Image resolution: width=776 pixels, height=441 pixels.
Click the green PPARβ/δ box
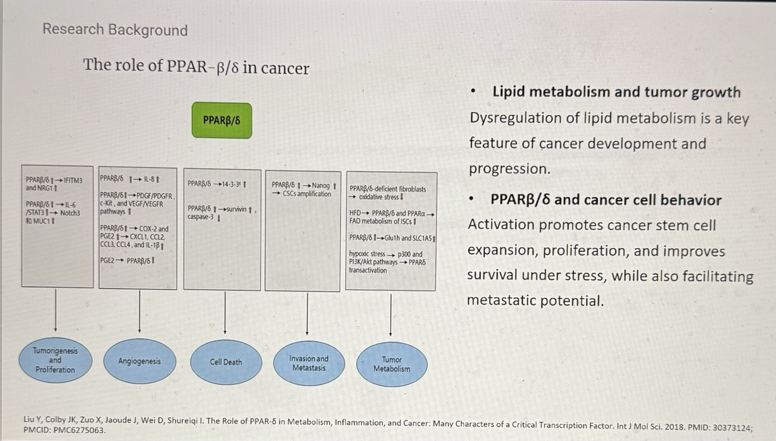coord(222,120)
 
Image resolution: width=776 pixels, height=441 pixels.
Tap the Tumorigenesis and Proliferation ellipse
coord(55,360)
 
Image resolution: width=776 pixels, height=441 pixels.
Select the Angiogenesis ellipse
coord(139,361)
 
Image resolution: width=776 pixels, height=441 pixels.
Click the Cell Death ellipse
coord(226,362)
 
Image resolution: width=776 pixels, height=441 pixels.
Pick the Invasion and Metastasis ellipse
coord(309,363)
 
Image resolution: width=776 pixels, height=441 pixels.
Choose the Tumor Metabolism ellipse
coord(392,364)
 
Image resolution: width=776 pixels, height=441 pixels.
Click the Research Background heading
coord(115,30)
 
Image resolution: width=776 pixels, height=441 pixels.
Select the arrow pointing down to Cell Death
coord(225,315)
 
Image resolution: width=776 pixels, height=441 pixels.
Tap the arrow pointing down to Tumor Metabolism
coord(391,316)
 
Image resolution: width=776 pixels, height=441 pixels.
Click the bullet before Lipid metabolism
coord(473,92)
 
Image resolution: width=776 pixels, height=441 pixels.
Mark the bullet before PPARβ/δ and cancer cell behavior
coord(471,200)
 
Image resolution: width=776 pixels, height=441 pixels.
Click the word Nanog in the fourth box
coord(320,186)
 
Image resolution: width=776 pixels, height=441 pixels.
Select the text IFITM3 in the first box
coord(73,180)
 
